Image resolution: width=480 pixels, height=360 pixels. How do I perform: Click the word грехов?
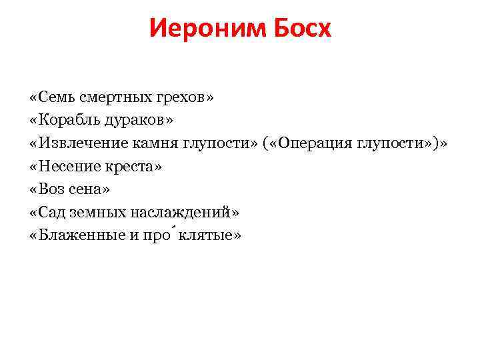click(x=183, y=97)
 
